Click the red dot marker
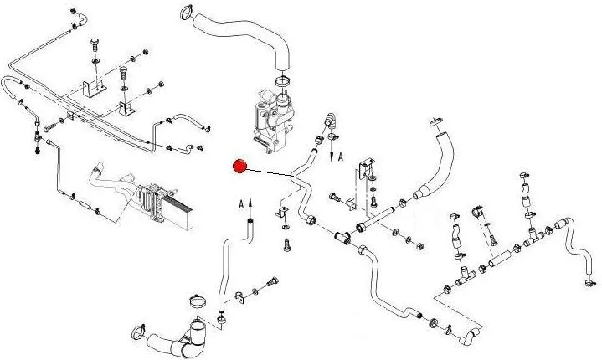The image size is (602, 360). click(x=239, y=167)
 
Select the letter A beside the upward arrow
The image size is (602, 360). click(x=241, y=202)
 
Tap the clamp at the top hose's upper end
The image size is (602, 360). click(x=186, y=12)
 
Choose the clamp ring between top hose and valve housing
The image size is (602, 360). click(x=281, y=81)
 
